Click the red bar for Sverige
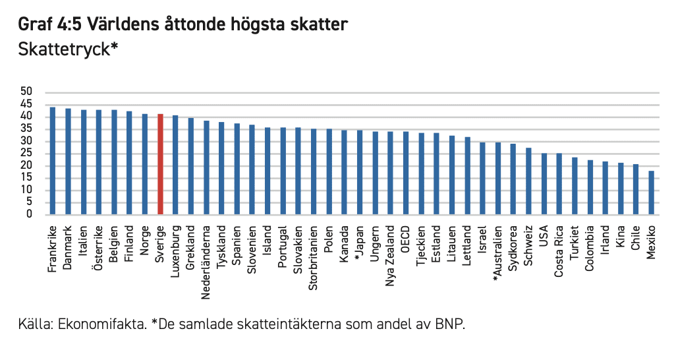coord(160,165)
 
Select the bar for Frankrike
coord(53,161)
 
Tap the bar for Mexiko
coord(651,193)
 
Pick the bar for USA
coord(544,184)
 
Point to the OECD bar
coord(405,173)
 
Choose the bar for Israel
coord(482,179)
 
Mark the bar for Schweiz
coord(528,181)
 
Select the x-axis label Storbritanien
coord(313,258)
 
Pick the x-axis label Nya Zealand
coord(390,255)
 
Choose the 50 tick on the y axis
coord(26,92)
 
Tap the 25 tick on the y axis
coord(26,153)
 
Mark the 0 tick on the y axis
coord(30,214)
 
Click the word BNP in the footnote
coord(449,325)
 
